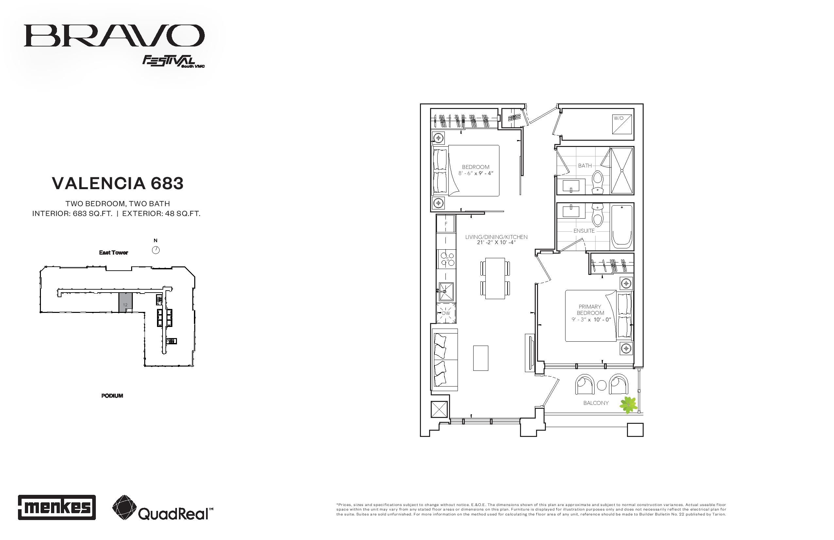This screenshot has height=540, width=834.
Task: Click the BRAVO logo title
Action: point(114,35)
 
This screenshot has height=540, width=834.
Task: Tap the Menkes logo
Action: point(57,507)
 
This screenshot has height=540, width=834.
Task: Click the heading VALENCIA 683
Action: point(118,183)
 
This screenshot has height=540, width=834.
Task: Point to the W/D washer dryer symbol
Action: point(622,124)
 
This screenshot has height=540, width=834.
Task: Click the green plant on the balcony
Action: point(628,405)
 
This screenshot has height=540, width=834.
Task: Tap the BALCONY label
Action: point(596,403)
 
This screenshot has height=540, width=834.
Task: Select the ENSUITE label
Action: point(584,231)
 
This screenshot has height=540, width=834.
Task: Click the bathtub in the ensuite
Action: point(622,226)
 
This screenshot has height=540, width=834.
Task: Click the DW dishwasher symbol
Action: point(446,313)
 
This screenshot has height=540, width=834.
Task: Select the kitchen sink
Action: point(446,291)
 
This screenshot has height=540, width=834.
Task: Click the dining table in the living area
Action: point(495,278)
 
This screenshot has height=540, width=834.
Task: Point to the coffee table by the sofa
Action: point(480,358)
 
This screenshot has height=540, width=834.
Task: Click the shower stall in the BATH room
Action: point(622,171)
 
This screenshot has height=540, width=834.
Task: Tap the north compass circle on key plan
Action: point(156,250)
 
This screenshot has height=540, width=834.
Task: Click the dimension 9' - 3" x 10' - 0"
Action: point(591,319)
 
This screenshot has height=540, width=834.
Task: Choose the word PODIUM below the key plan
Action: point(112,396)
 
